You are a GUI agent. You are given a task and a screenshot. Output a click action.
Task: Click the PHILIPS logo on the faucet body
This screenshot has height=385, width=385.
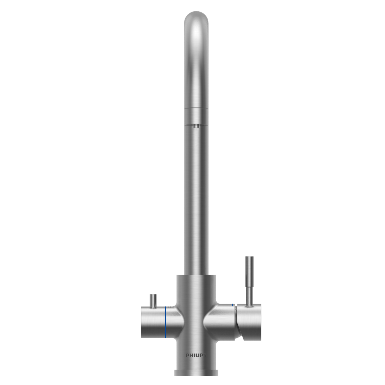pyautogui.click(x=195, y=355)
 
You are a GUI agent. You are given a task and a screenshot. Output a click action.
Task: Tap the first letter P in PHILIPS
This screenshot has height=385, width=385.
pyautogui.click(x=187, y=355)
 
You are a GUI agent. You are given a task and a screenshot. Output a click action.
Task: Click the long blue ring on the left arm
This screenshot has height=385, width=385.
pyautogui.click(x=166, y=322)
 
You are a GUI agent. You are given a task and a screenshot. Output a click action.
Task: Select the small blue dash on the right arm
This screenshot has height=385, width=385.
pyautogui.click(x=232, y=305)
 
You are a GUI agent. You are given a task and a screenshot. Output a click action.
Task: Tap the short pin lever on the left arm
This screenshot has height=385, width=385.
pyautogui.click(x=153, y=300)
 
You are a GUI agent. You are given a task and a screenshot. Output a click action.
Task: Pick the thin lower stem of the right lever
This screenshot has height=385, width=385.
pyautogui.click(x=249, y=292)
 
